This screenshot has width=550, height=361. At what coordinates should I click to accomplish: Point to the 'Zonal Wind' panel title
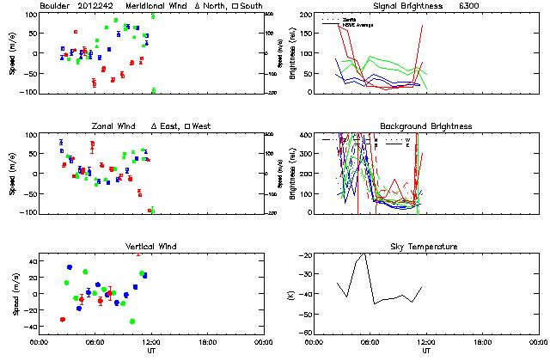click(x=115, y=126)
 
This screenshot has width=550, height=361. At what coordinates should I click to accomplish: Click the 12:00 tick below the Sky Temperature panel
click(x=426, y=341)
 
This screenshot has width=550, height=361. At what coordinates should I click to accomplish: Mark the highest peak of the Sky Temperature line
click(x=364, y=254)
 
